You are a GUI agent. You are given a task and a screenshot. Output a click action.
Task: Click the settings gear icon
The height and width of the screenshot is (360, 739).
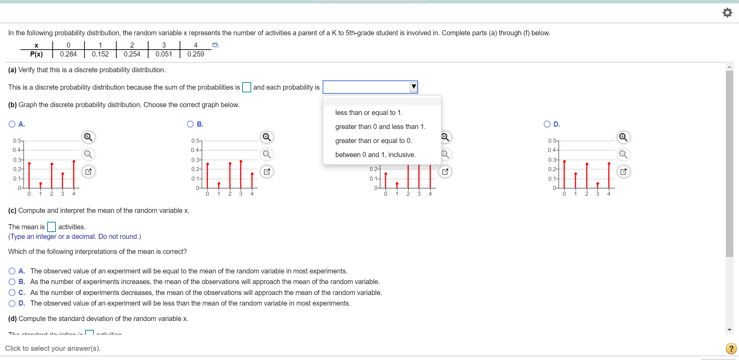tap(727, 13)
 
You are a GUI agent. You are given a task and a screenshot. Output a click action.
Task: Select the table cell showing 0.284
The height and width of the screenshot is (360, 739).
tap(68, 54)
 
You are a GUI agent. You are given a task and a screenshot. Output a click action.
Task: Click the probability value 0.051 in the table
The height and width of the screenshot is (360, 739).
tap(164, 54)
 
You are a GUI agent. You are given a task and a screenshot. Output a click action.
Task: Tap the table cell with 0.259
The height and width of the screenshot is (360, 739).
tap(195, 54)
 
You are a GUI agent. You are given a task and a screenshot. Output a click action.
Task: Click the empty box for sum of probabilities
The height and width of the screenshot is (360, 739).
tap(246, 87)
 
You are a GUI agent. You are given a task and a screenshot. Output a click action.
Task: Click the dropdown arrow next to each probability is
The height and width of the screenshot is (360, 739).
tap(413, 87)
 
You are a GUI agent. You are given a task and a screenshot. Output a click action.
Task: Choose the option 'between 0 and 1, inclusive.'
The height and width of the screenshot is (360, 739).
tap(375, 155)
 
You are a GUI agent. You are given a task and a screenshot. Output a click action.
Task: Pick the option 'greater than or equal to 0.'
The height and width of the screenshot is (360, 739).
tap(373, 141)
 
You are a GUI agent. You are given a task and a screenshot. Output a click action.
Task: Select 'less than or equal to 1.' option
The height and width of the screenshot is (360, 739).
tap(369, 113)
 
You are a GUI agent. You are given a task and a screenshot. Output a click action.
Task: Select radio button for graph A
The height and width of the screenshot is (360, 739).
tap(12, 124)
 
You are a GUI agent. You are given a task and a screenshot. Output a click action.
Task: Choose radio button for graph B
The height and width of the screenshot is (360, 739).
tap(190, 124)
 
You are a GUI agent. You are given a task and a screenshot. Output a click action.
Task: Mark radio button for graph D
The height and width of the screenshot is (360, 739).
tap(547, 124)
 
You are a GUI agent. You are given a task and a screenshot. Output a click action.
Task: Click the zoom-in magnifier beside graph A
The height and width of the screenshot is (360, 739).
tap(88, 137)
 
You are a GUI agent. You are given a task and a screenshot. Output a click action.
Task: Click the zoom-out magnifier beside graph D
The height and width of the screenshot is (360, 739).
tap(623, 154)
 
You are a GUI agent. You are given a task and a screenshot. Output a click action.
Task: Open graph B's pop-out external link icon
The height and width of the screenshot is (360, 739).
tap(267, 171)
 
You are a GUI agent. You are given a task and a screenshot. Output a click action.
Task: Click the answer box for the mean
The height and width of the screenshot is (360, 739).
tap(51, 227)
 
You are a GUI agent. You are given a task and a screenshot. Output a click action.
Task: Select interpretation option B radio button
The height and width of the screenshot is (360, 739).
tap(12, 282)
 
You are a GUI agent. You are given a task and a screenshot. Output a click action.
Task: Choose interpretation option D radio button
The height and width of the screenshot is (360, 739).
tap(12, 304)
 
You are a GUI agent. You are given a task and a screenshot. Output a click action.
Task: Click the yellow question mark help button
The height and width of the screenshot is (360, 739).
tap(730, 348)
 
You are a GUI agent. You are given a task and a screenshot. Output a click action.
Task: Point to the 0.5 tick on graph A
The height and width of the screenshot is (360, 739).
tap(17, 141)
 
